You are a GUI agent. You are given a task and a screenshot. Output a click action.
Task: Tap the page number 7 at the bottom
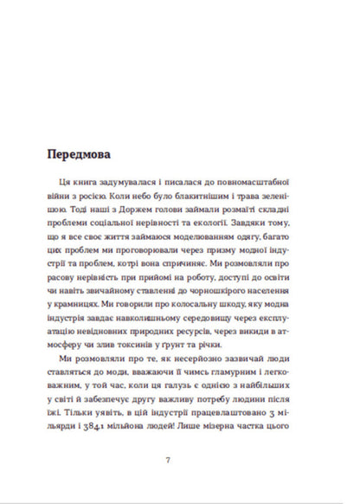click(179, 459)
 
